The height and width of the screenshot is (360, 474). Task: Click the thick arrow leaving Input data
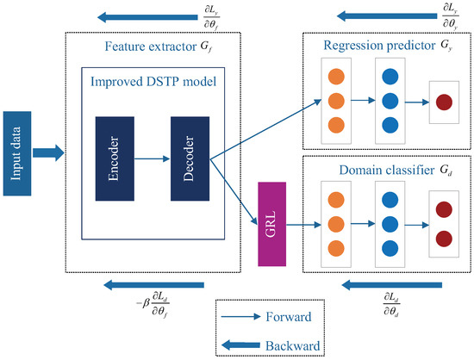click(49, 153)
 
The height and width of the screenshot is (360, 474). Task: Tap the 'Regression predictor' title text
click(377, 45)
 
